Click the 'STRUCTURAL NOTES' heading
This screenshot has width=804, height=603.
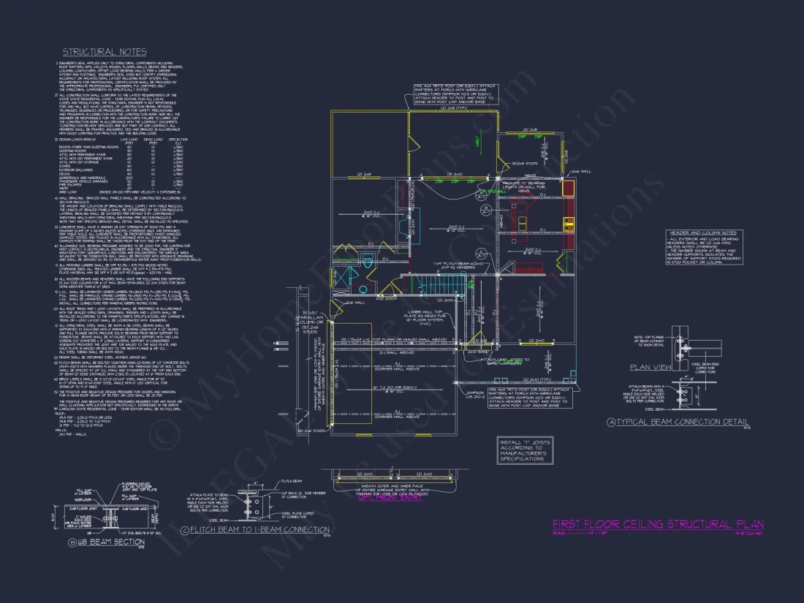(x=105, y=52)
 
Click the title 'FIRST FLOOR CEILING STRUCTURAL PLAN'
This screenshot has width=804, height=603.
(x=657, y=524)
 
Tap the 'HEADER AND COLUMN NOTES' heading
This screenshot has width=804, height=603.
(x=703, y=232)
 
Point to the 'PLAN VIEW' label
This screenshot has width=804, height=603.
(x=651, y=368)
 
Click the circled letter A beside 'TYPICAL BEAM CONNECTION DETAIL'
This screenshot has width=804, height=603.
(x=611, y=422)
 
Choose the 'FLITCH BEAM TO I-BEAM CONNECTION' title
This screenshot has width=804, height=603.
(x=259, y=529)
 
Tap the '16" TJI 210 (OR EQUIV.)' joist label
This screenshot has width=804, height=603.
(x=398, y=389)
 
